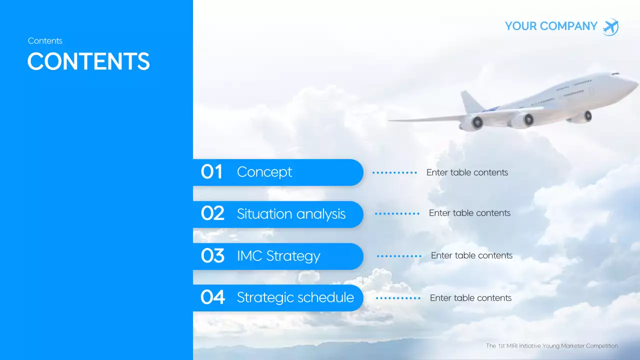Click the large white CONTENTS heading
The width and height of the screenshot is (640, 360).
pos(88,61)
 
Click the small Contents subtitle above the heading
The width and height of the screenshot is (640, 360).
pos(45,41)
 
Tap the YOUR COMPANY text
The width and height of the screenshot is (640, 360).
pos(551,26)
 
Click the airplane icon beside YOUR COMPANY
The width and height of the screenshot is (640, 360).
pos(610,27)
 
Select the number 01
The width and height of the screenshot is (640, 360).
pos(211,172)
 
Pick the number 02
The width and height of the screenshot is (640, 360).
pos(212,214)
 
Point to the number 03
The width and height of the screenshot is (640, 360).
pos(212,256)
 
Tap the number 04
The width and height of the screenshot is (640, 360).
pos(212,297)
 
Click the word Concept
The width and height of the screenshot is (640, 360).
pos(264,172)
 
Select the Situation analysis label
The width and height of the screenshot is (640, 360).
pos(291,214)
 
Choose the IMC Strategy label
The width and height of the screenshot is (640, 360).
pos(278,256)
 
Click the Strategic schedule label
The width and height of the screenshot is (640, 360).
pos(295,297)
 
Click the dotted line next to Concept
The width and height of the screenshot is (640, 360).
pos(394,172)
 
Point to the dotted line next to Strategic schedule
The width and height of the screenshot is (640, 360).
pos(398,298)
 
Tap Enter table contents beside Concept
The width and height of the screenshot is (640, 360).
pos(467,172)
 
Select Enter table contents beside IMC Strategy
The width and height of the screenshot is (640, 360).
pos(471,255)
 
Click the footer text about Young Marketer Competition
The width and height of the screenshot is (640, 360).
pos(551,345)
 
